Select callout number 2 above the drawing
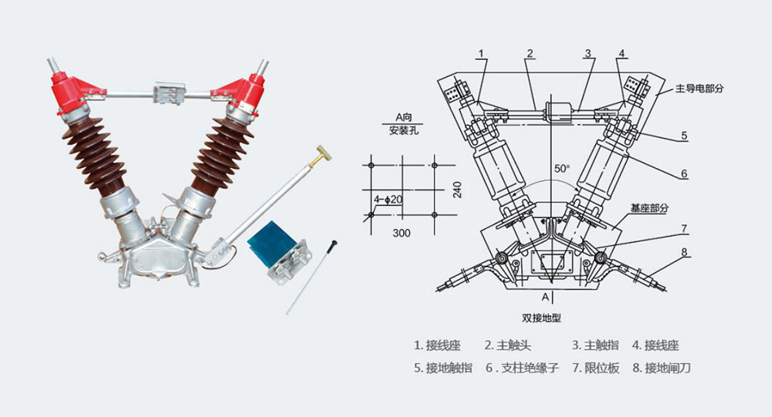point(530,53)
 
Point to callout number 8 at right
point(684,251)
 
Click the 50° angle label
point(562,168)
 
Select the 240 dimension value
point(459,190)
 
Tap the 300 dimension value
point(401,232)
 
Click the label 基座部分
point(649,208)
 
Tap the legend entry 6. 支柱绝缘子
point(522,368)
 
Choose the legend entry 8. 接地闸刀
point(662,368)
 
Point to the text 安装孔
point(403,130)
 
